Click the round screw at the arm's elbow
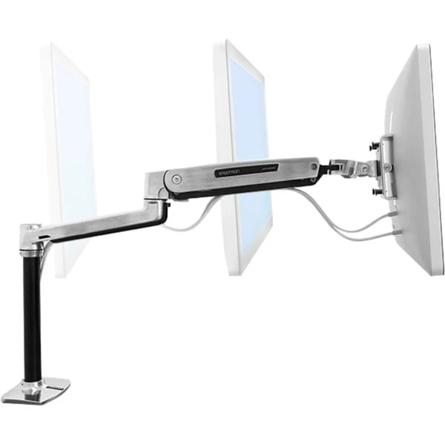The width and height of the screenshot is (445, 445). tap(176, 179)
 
